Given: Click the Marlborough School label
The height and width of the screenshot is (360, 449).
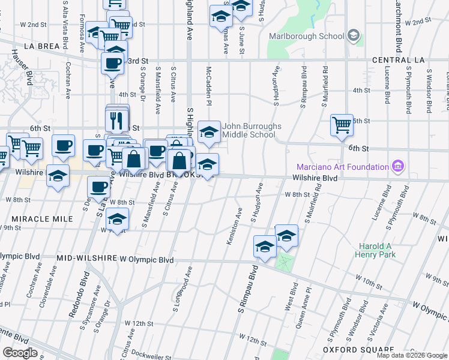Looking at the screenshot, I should (306, 36).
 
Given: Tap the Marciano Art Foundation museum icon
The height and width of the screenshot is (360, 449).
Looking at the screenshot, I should (397, 166).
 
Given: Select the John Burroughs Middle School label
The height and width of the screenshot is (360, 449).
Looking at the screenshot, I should (249, 130).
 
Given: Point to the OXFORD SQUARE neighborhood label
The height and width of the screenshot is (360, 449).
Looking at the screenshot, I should (353, 349).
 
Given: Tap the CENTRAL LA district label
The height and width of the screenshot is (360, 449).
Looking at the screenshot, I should (398, 61).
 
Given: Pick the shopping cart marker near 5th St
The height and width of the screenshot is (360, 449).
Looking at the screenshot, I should (342, 125).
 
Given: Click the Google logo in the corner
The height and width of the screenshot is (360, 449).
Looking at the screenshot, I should (19, 353).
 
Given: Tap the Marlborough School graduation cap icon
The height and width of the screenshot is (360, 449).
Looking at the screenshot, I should (354, 36).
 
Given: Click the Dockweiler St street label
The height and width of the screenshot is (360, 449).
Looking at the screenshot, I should (147, 353).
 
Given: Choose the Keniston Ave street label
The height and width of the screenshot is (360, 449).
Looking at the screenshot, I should (234, 226).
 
